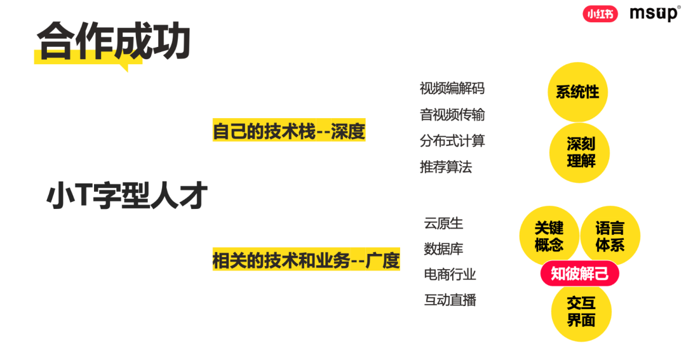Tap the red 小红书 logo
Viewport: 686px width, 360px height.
point(600,14)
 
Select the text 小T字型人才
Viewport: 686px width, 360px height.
point(127,196)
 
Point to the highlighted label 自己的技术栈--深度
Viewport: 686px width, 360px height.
point(289,131)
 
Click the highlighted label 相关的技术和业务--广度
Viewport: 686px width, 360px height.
point(306,260)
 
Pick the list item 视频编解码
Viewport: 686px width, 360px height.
point(452,88)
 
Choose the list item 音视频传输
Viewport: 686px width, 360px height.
point(452,115)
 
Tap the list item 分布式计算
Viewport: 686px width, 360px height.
point(452,141)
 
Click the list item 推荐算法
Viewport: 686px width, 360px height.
point(446,168)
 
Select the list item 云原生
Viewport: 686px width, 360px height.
point(443,223)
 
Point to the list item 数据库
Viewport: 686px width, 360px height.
point(443,249)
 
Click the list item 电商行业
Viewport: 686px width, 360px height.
point(450,274)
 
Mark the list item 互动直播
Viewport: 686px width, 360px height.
point(450,300)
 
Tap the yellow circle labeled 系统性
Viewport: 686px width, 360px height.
point(577,92)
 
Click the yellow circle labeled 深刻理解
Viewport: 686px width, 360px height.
point(581,153)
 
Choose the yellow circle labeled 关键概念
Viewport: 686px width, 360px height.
point(548,236)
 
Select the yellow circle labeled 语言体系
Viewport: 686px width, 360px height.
point(610,236)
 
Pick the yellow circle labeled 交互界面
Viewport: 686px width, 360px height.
point(581,312)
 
